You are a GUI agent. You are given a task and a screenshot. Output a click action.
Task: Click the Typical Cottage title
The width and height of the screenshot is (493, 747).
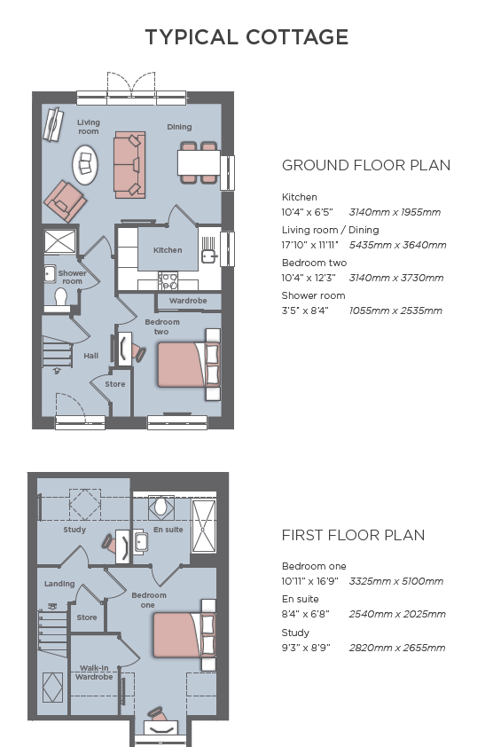[246, 37]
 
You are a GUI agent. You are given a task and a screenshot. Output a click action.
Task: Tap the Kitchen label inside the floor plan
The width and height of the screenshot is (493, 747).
[168, 250]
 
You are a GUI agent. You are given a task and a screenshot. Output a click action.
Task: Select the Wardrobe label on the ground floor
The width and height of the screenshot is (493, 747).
[188, 301]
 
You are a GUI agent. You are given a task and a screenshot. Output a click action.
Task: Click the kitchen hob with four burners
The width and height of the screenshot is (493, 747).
[168, 280]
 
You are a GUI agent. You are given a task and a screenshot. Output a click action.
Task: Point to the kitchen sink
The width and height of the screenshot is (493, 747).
[208, 256]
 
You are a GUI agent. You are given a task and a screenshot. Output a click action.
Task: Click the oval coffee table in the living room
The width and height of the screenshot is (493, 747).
[85, 164]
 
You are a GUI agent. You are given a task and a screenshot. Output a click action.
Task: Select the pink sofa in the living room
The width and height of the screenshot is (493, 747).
[129, 165]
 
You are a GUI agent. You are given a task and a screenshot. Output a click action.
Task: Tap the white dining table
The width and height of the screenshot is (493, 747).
[199, 163]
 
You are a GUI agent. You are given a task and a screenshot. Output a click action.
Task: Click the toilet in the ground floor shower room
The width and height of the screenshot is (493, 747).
[60, 298]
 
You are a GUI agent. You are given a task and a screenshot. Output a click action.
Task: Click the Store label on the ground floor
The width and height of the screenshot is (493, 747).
[114, 384]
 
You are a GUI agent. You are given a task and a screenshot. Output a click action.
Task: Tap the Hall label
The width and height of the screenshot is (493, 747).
[91, 356]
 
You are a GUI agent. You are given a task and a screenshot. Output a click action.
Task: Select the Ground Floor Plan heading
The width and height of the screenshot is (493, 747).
[366, 165]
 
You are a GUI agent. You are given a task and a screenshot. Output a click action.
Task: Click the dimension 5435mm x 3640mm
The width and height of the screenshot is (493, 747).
[398, 245]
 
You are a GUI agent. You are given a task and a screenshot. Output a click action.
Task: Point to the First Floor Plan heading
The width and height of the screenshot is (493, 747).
[353, 535]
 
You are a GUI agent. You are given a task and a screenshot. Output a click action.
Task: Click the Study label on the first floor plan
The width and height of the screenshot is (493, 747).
[74, 530]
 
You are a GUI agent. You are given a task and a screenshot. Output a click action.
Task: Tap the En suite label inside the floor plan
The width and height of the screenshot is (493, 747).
[168, 530]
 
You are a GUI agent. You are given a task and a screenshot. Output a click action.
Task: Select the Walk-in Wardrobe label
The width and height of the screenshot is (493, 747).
[94, 672]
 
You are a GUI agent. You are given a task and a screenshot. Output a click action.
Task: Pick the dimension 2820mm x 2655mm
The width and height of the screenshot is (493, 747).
[397, 648]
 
